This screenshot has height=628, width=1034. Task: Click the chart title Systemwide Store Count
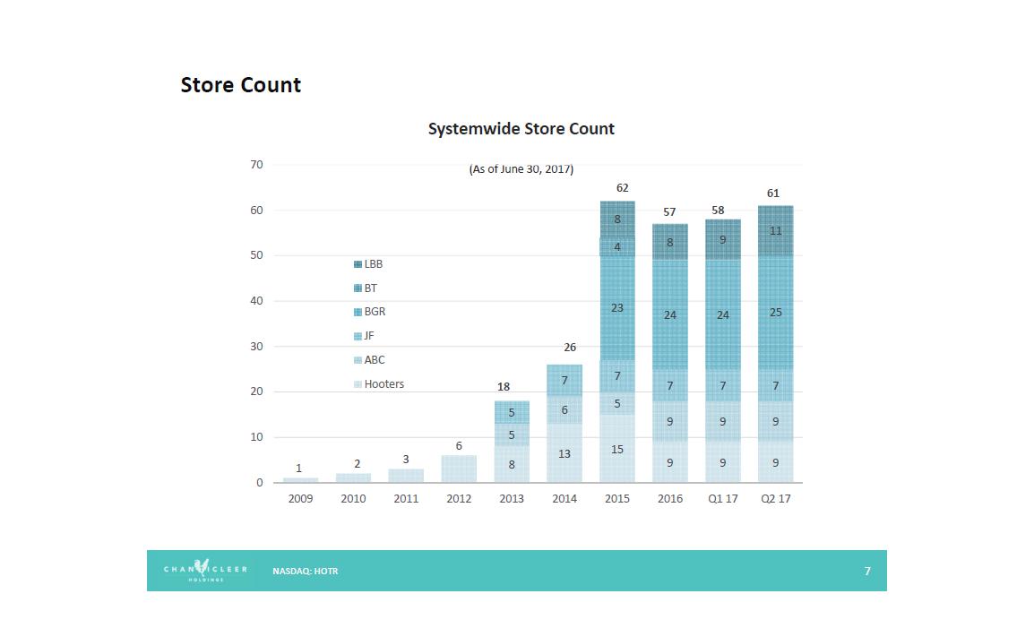[x=521, y=129]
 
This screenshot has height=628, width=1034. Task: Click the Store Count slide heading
[x=240, y=85]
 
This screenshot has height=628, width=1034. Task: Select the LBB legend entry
[x=368, y=264]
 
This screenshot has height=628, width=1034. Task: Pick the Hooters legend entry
[x=379, y=384]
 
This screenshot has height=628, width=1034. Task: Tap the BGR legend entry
[x=370, y=312]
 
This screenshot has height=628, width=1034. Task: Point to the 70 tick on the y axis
[x=256, y=165]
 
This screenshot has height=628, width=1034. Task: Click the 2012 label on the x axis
[x=459, y=499]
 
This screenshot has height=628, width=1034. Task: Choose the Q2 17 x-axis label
[x=775, y=499]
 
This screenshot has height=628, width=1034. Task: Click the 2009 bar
[x=300, y=479]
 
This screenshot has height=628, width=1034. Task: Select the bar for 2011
[x=406, y=476]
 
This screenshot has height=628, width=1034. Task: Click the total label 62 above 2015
[x=622, y=188]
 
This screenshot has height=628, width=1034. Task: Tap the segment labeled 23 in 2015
[x=617, y=308]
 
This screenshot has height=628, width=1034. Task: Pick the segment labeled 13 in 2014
[x=564, y=453]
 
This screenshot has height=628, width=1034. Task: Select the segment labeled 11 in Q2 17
[x=775, y=231]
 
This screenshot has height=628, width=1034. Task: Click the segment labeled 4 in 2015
[x=617, y=247]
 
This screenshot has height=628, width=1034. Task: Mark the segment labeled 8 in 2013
[x=512, y=464]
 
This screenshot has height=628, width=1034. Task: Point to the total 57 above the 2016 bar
[x=669, y=212]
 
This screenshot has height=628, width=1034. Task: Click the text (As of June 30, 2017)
[x=521, y=169]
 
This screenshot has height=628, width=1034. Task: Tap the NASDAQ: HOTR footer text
[x=306, y=572]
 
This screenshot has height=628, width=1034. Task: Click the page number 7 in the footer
[x=867, y=572]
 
